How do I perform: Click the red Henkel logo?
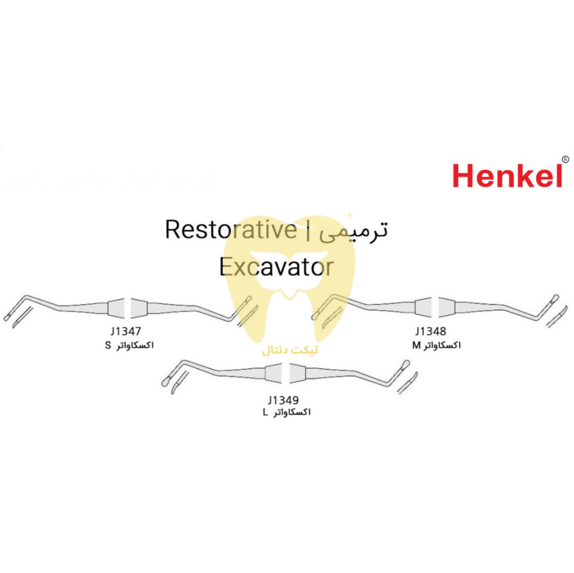[507, 176]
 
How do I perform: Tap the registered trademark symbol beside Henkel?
[565, 159]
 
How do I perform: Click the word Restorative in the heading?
[231, 230]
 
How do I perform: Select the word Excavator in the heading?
[276, 267]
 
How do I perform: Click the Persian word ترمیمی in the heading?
[353, 230]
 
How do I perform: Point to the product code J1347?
[126, 331]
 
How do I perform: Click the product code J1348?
[430, 331]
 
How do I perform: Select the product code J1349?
[283, 400]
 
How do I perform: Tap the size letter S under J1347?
[108, 346]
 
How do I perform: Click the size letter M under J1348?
[416, 345]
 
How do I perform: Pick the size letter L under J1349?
[266, 413]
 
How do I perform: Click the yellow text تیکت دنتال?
[290, 350]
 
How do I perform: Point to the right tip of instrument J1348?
[555, 298]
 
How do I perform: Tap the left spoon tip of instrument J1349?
[165, 382]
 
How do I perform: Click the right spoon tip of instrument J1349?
[405, 364]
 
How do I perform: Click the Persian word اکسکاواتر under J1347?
[135, 346]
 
